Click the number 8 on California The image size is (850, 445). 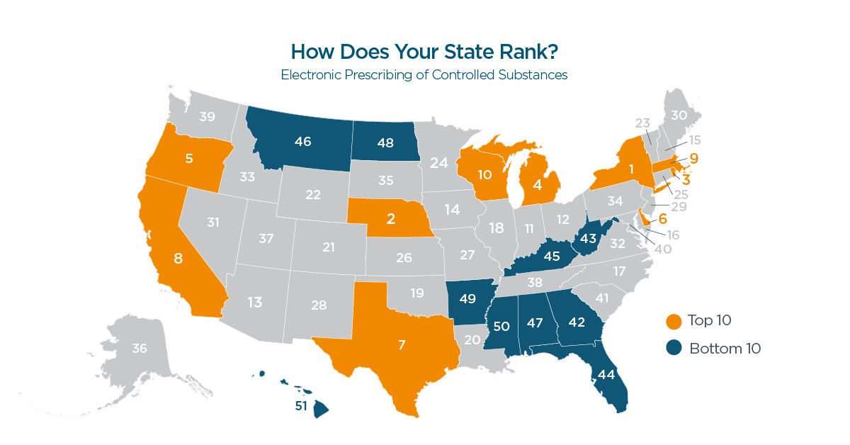pyautogui.click(x=178, y=259)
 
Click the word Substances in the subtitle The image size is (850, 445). pyautogui.click(x=533, y=74)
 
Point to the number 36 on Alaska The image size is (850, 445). pyautogui.click(x=140, y=349)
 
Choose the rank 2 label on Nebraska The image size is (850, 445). pyautogui.click(x=390, y=219)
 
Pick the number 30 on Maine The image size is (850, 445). pyautogui.click(x=679, y=116)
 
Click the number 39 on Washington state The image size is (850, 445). pyautogui.click(x=208, y=117)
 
